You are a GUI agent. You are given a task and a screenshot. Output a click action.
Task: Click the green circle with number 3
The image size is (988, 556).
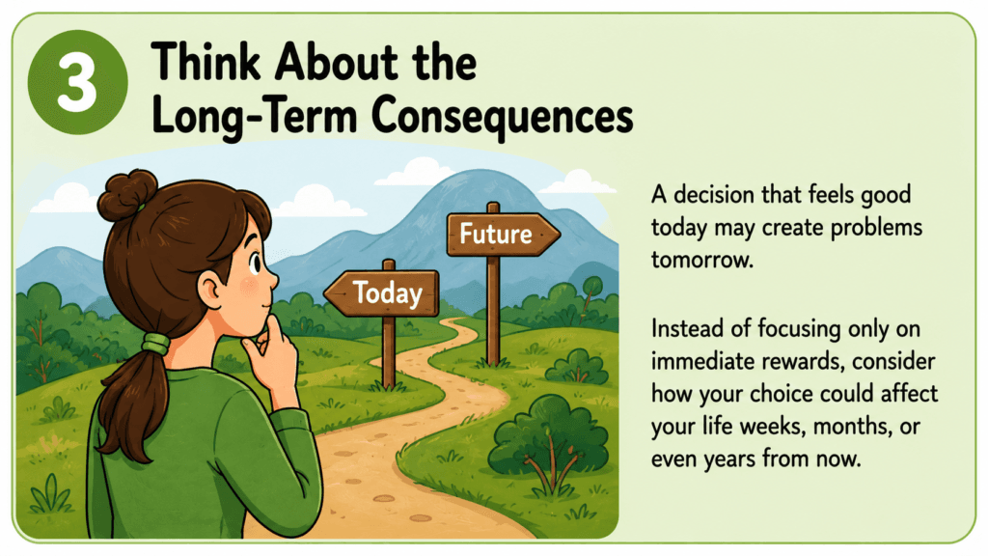pos(77,83)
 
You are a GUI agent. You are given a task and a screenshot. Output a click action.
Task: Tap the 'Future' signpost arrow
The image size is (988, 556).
pos(502,235)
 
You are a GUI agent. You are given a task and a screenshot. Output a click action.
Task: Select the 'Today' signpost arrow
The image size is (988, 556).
pos(382,293)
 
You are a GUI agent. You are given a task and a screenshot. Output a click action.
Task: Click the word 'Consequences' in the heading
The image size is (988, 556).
pos(502,117)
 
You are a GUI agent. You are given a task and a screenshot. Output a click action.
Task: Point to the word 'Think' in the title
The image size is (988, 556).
pos(206,62)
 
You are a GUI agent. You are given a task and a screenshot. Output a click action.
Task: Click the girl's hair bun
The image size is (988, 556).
pos(126,193)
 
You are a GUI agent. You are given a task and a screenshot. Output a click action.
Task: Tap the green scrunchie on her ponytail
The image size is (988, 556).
pos(155,344)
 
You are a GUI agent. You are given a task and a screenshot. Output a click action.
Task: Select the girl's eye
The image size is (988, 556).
pos(255,263)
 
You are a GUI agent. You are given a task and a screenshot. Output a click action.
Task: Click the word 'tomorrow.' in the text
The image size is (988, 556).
pos(702,260)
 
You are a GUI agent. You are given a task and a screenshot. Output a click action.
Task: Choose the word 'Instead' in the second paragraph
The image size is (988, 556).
pos(687,328)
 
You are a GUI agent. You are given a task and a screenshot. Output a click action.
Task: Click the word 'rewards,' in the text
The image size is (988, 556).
pos(791,361)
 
